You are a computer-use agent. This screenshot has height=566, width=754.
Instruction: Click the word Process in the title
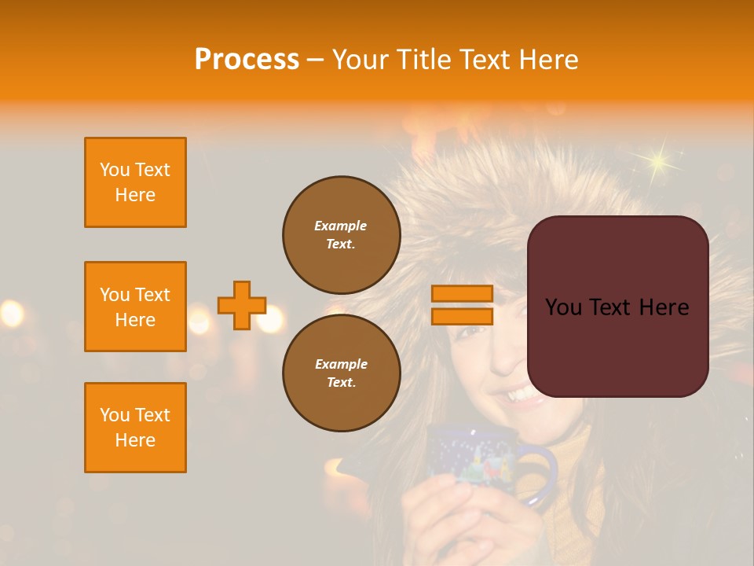coord(247,60)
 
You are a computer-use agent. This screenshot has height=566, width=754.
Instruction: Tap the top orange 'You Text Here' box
coord(135,182)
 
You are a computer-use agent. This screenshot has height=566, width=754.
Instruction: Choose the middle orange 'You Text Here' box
coord(135,307)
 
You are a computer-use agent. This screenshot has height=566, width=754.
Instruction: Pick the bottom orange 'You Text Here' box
coord(135,428)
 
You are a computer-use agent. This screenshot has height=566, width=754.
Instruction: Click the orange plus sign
coord(242,305)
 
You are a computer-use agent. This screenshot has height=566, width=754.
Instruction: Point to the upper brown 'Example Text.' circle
coord(341,234)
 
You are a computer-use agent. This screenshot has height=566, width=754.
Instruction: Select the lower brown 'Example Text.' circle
coord(341,373)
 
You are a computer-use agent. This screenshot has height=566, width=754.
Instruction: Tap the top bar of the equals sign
coord(462,294)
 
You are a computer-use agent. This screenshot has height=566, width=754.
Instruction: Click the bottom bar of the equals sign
coord(462,316)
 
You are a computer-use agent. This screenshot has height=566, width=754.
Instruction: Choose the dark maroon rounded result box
coord(617,307)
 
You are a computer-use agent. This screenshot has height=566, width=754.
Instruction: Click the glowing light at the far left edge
coord(10,314)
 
